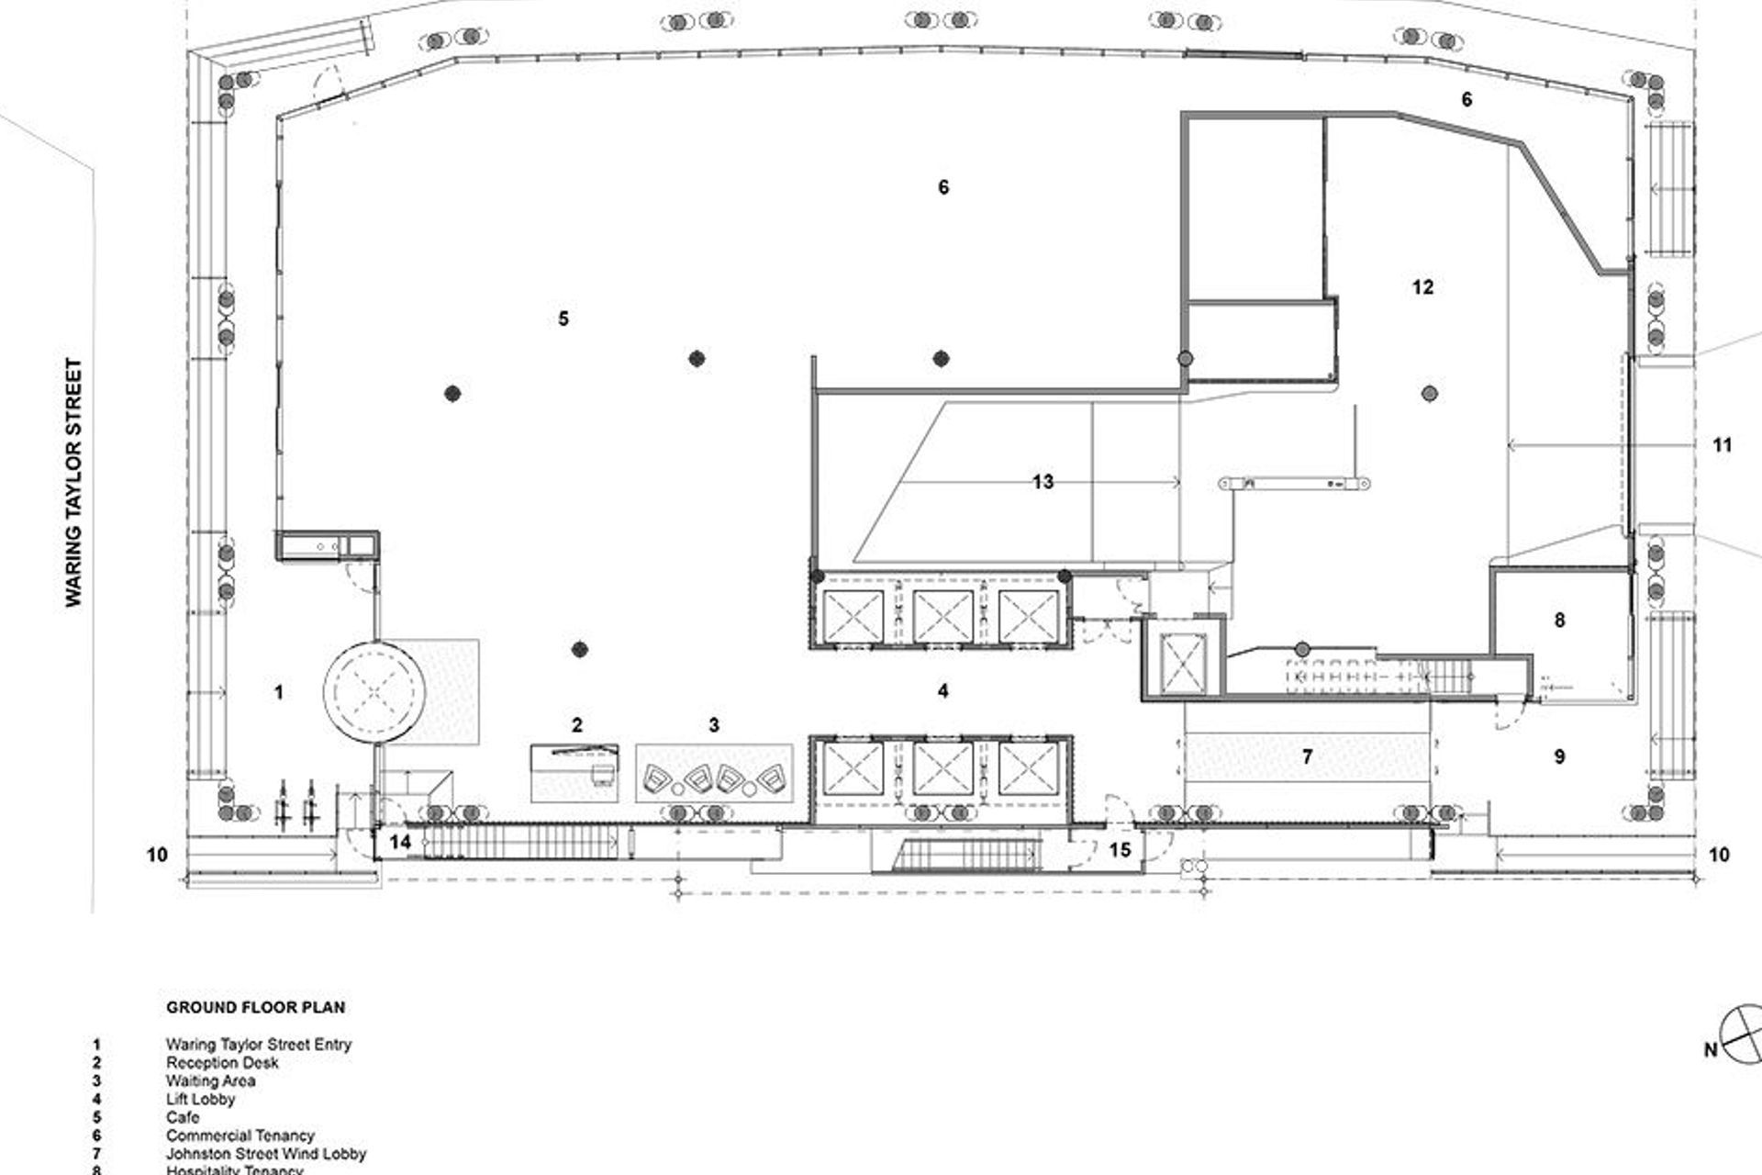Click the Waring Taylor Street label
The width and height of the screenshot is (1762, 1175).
click(x=73, y=482)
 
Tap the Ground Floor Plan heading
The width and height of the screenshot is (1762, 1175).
click(x=255, y=1007)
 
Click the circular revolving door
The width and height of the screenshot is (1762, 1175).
click(x=377, y=691)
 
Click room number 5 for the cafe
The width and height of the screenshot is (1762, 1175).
click(x=563, y=319)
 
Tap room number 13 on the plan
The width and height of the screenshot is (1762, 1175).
click(x=1043, y=482)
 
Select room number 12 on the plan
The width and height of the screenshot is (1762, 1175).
click(x=1422, y=287)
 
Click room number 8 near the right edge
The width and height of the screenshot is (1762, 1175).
click(x=1559, y=621)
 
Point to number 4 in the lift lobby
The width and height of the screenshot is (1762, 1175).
click(x=943, y=691)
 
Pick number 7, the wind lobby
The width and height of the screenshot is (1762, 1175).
click(x=1307, y=757)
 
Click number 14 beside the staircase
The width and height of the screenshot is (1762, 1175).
click(x=400, y=842)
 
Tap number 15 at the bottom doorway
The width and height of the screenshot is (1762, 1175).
click(x=1120, y=850)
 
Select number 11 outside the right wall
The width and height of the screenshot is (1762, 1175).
click(x=1722, y=445)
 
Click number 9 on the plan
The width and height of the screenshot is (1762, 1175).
click(x=1559, y=757)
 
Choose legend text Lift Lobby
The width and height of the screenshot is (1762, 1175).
click(x=200, y=1099)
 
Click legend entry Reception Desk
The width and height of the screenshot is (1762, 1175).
click(x=222, y=1062)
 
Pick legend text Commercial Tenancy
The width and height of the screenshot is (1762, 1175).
click(x=240, y=1136)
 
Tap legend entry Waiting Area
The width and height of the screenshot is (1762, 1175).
click(x=210, y=1080)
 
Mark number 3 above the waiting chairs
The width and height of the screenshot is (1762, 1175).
click(x=714, y=725)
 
